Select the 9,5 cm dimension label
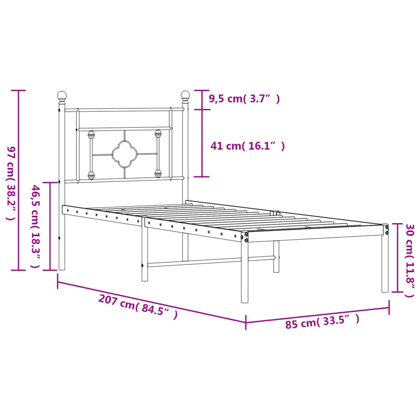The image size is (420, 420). [244, 99]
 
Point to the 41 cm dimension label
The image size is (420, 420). [247, 146]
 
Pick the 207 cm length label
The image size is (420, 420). [138, 306]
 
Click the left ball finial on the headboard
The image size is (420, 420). [62, 97]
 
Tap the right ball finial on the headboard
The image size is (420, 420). [185, 96]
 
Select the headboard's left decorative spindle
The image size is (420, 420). [91, 155]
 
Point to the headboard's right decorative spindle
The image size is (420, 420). [158, 153]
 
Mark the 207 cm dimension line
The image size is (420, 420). [152, 302]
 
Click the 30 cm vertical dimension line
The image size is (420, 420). [397, 258]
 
